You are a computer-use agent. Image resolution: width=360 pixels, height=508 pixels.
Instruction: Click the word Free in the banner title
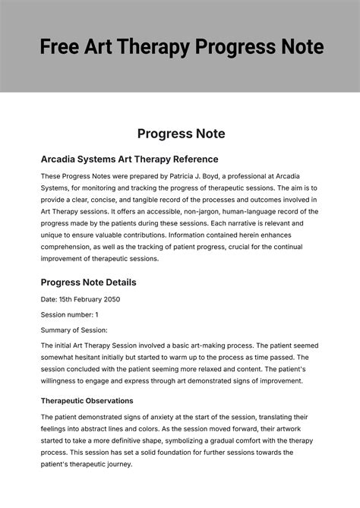pos(61,47)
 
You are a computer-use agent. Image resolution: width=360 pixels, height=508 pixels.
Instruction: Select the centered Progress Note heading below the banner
pos(181,134)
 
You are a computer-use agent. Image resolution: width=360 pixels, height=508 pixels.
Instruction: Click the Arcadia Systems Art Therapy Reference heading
pos(129,159)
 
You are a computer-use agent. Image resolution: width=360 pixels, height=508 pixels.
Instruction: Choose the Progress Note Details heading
pos(88,282)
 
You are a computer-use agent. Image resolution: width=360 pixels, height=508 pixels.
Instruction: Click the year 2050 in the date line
pos(108,299)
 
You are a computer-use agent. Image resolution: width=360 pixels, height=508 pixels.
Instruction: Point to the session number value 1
pos(96,314)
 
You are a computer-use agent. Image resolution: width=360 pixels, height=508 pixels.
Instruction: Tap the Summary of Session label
pos(74,330)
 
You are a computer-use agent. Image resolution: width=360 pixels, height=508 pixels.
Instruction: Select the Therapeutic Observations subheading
pos(87,400)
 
